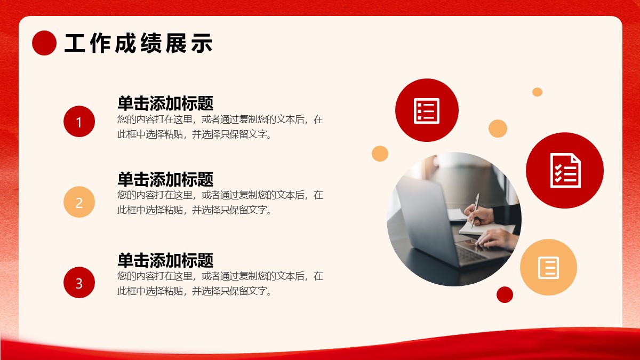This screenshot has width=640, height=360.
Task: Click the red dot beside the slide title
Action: (44, 43)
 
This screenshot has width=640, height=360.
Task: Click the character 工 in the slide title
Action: (75, 43)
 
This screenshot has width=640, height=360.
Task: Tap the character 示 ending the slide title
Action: (202, 43)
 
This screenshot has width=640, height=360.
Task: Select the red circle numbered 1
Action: (79, 122)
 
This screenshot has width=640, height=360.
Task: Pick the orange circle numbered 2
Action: (79, 202)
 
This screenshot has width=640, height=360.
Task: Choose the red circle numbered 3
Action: (79, 283)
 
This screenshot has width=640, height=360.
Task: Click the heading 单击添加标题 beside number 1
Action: (165, 103)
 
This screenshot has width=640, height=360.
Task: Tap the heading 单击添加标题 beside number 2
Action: (165, 179)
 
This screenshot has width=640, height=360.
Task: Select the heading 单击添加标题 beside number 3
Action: (165, 260)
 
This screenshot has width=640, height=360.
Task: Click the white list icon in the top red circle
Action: (427, 111)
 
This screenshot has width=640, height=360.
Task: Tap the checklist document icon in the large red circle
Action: (565, 171)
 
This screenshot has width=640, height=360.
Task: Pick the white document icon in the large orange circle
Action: (549, 268)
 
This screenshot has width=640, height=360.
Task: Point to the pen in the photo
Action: (475, 210)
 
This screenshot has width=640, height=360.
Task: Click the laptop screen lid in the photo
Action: (423, 217)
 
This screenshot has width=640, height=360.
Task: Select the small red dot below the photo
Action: (505, 294)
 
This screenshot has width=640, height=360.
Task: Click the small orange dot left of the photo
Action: (380, 154)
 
